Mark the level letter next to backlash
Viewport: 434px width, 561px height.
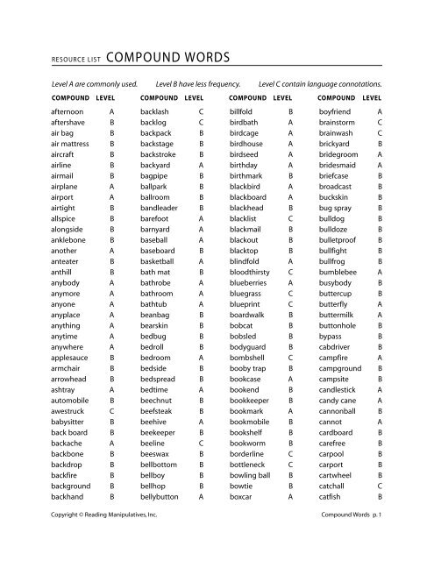(201, 113)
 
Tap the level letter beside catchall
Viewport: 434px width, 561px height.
(379, 482)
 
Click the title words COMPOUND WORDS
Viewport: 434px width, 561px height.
(172, 59)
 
